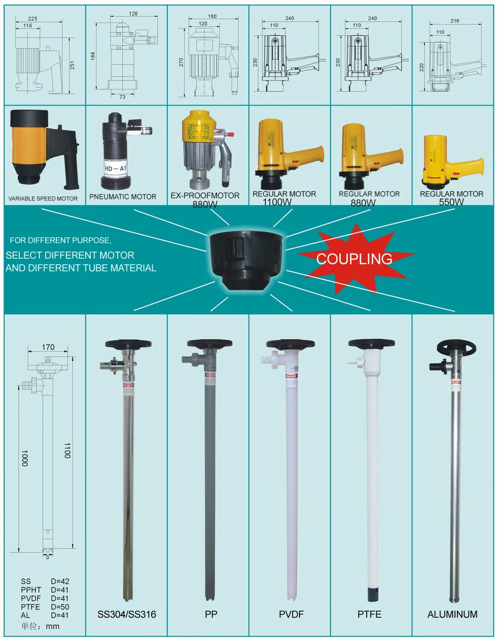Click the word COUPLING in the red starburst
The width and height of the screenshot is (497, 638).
tap(354, 259)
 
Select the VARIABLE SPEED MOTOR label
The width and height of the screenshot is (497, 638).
tap(43, 198)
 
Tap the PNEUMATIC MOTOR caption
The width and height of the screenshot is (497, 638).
tap(123, 196)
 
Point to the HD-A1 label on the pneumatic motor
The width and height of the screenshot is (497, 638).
tap(116, 168)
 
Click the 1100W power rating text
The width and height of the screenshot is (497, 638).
tap(277, 202)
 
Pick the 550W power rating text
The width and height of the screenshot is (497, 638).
tap(451, 202)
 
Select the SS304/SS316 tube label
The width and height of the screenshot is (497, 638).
tap(127, 615)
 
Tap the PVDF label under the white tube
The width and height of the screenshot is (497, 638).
tap(291, 615)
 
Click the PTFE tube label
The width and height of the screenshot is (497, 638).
tap(369, 615)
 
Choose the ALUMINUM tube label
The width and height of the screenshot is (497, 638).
tap(452, 615)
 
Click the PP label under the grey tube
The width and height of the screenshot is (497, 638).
tap(211, 615)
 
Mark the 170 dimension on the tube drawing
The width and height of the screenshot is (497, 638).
tap(48, 347)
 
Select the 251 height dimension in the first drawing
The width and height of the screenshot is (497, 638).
tap(72, 65)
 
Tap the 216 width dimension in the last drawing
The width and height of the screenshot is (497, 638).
tap(454, 21)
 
